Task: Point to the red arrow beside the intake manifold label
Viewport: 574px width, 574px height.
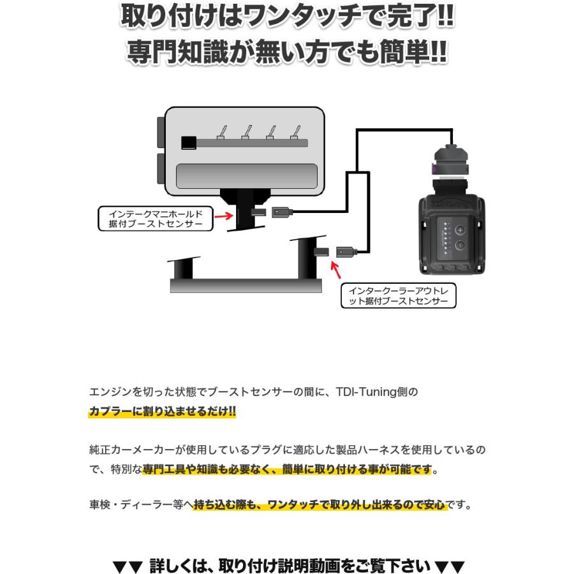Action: pos(223,216)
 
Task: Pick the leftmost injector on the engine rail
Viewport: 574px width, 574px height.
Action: pos(221,132)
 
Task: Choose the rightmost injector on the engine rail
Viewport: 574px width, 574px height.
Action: pos(295,132)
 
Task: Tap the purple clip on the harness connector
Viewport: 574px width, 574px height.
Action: pos(434,169)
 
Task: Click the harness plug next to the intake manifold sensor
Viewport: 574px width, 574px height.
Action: pos(281,212)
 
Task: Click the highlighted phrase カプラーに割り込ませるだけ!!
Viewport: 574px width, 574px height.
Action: pos(162,412)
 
